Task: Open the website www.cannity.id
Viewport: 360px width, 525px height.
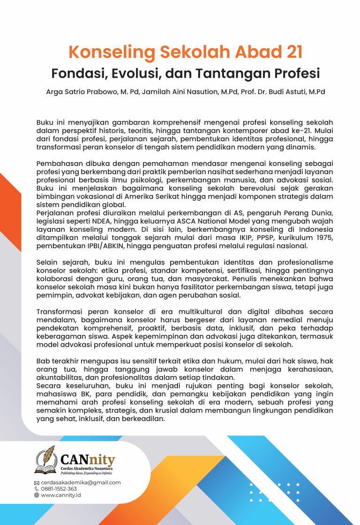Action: (61, 495)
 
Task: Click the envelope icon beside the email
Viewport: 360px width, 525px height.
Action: (37, 483)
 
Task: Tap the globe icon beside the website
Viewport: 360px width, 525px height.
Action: (37, 495)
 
